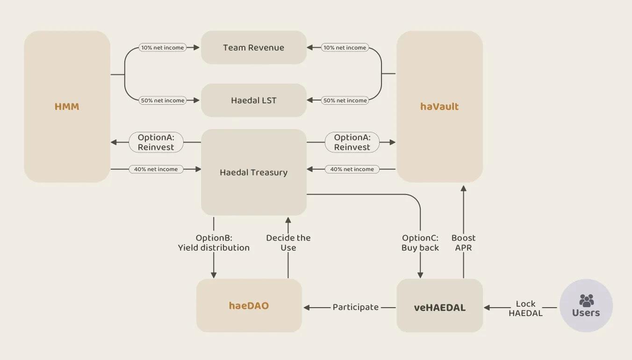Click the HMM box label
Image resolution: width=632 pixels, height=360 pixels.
(67, 107)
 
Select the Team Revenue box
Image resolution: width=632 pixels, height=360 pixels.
(253, 48)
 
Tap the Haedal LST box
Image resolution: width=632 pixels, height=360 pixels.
(253, 101)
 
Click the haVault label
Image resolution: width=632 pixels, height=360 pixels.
(439, 107)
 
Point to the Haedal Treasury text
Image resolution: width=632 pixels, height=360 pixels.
(253, 173)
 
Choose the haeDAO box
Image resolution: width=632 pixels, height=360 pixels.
(249, 306)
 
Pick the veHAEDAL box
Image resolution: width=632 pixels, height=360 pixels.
(439, 307)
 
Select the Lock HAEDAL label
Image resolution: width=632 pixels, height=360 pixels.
(525, 309)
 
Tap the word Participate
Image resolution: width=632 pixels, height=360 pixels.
(355, 307)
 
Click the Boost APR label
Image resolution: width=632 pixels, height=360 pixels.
(463, 243)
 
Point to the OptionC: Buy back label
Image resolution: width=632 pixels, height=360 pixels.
(420, 243)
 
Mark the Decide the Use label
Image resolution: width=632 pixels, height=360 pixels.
(288, 243)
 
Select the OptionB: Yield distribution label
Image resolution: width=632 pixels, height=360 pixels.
(214, 243)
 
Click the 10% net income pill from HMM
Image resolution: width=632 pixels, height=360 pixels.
(162, 48)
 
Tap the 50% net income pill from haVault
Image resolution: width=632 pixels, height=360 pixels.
(345, 101)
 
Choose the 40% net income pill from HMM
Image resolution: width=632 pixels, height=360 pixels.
(156, 169)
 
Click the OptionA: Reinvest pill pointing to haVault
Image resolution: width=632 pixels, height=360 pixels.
(352, 142)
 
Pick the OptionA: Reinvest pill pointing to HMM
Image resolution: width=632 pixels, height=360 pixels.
(156, 142)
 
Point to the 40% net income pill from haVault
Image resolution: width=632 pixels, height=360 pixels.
(352, 169)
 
